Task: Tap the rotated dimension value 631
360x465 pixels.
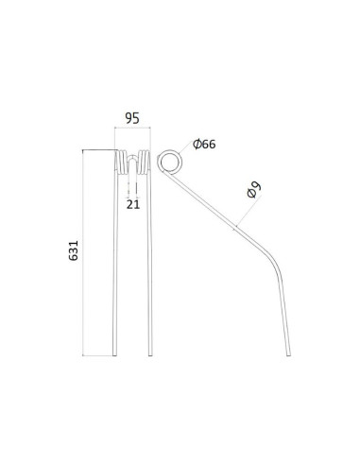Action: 75,251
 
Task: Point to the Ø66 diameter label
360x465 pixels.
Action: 204,145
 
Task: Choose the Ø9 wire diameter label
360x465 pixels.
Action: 253,189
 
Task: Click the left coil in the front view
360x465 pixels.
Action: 123,160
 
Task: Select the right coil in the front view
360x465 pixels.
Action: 145,160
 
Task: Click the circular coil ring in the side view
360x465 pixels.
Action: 170,161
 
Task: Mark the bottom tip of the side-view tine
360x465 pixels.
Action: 286,354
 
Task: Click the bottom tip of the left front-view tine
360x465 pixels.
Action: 117,355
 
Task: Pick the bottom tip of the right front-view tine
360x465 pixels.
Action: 149,355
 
